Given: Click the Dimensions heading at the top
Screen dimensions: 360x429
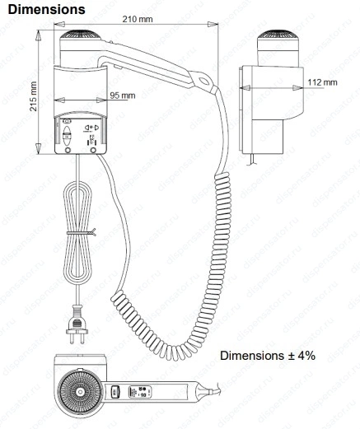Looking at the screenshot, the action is click(x=46, y=9).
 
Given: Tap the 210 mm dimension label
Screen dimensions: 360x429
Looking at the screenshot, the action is click(x=138, y=19).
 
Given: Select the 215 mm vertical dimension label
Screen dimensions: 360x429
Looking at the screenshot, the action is click(x=33, y=96).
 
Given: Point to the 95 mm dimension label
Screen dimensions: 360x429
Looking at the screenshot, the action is click(x=123, y=96).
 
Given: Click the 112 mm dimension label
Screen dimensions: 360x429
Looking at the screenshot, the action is click(x=322, y=82).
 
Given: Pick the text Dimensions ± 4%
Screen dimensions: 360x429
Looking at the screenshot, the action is click(x=268, y=356).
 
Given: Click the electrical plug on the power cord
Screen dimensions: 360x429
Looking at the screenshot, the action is click(x=77, y=325).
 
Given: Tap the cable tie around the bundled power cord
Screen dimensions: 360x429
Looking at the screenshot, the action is click(x=82, y=233).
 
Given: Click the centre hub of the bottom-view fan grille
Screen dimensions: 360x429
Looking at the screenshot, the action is click(x=80, y=392).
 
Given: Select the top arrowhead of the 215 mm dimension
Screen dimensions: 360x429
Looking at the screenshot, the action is click(x=38, y=35).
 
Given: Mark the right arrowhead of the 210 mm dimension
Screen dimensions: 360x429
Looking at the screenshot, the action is click(x=213, y=24).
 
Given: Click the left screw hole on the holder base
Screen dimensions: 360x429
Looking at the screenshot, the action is click(x=68, y=150).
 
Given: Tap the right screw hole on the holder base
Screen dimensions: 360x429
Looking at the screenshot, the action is click(x=93, y=150).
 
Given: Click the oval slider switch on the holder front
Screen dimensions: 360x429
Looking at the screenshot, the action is click(x=67, y=136).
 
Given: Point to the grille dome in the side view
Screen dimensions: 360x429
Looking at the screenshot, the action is click(x=278, y=35).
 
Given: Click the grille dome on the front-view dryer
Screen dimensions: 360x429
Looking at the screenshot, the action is click(x=81, y=35).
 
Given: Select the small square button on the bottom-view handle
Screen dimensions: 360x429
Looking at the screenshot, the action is click(x=115, y=392).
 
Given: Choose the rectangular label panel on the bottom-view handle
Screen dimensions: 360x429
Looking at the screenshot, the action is click(x=140, y=392).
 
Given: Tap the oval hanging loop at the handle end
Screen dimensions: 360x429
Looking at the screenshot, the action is click(x=204, y=81).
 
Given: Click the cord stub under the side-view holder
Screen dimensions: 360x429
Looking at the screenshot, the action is click(x=251, y=160).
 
